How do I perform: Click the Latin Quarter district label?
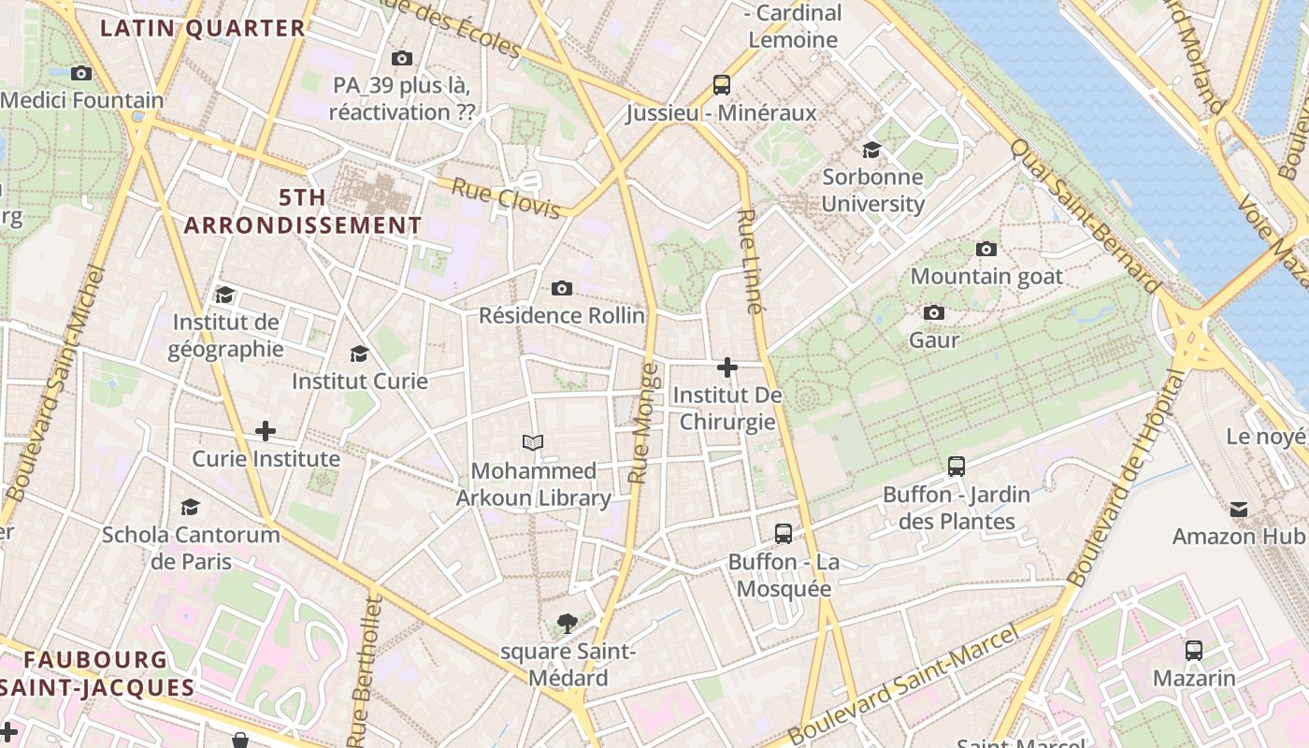(203, 28)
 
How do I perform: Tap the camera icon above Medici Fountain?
(81, 73)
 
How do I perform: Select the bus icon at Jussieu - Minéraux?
(721, 85)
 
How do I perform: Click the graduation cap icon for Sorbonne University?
(871, 150)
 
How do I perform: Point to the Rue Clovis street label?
(506, 198)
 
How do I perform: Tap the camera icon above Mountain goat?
(985, 249)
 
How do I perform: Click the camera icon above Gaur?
(933, 312)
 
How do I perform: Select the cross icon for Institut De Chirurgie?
(726, 367)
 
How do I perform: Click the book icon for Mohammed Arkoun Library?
(533, 442)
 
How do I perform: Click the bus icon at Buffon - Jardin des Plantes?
(956, 466)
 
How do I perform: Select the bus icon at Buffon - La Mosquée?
(784, 534)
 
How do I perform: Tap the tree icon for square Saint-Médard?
(567, 623)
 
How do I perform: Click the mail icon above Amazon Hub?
(1238, 509)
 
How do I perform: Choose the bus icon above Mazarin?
(1193, 651)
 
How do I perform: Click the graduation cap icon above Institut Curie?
(359, 353)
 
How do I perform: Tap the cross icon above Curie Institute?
(266, 431)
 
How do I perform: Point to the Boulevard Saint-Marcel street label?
(902, 684)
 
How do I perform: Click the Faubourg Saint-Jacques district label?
(97, 673)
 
